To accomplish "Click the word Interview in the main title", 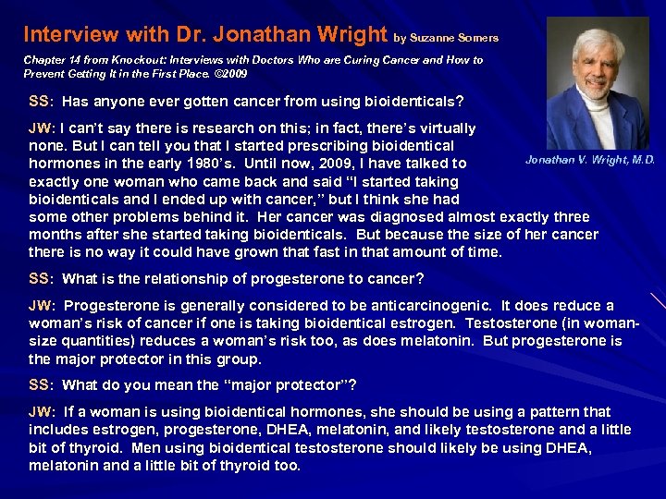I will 64,35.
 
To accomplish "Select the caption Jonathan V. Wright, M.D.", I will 590,161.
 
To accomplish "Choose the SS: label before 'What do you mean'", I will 40,385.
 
